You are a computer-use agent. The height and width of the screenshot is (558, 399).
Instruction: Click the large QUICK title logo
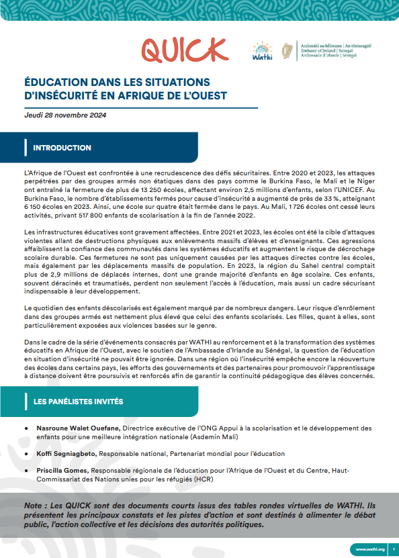pyautogui.click(x=185, y=50)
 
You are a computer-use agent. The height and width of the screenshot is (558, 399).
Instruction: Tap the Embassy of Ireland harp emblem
pyautogui.click(x=287, y=51)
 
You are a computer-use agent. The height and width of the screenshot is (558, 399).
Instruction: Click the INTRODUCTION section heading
pyautogui.click(x=62, y=148)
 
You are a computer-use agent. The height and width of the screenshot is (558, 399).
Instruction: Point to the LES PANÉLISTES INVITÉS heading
pyautogui.click(x=78, y=402)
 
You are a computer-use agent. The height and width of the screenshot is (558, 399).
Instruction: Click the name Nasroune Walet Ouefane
pyautogui.click(x=83, y=428)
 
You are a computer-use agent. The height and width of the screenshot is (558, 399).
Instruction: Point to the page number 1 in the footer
pyautogui.click(x=392, y=549)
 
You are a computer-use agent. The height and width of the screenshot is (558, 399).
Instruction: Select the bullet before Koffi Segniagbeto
pyautogui.click(x=25, y=455)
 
